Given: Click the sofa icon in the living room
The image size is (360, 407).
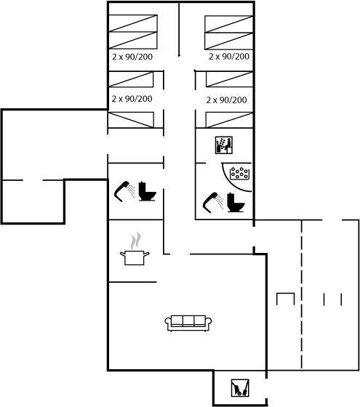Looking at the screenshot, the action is tap(188, 323).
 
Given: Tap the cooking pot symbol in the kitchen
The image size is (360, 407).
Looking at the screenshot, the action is tap(135, 257).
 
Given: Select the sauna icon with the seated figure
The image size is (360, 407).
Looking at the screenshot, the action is tap(224, 145).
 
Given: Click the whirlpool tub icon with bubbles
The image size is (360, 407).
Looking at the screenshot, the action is tap(240, 173).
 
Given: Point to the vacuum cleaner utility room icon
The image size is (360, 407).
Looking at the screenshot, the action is tap(240, 388).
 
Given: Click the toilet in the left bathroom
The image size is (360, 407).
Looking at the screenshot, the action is tap(147, 191).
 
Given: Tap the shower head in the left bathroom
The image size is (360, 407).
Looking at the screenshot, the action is tap(124, 191).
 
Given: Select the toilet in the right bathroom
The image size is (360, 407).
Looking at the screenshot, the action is tap(236, 203).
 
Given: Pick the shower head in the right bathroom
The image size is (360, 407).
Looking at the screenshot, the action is tap(213, 203).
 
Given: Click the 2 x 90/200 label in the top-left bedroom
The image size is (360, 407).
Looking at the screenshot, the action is tap(132, 57).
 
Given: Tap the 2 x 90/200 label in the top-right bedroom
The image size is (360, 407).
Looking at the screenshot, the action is tap(229, 56).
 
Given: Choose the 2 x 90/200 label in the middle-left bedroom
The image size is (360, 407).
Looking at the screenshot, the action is tap(132, 99).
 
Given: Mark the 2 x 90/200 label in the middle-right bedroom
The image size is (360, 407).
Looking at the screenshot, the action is tap(226, 100).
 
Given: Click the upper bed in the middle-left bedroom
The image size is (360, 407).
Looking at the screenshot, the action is tap(131, 79).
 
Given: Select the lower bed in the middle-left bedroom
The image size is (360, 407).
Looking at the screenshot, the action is tap(131, 120).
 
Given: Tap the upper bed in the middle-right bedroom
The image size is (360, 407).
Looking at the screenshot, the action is tap(229, 79).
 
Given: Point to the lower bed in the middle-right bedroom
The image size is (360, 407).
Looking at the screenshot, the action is tap(229, 120).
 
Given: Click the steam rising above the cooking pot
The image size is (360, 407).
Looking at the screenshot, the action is tap(135, 241).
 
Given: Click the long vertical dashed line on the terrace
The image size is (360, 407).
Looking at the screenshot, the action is tap(302, 294).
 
